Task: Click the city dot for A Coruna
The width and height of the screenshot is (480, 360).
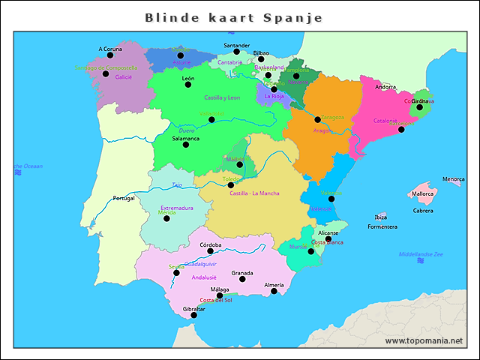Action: pyautogui.click(x=110, y=55)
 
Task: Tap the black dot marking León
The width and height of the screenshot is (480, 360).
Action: pyautogui.click(x=188, y=84)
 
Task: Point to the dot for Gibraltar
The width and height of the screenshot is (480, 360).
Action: pyautogui.click(x=194, y=315)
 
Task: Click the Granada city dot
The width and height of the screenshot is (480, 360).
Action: pyautogui.click(x=241, y=279)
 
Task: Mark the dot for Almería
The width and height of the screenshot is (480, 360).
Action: pyautogui.click(x=274, y=291)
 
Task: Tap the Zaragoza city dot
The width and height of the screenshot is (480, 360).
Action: pyautogui.click(x=317, y=119)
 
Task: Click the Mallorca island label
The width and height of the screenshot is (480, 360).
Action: pyautogui.click(x=423, y=193)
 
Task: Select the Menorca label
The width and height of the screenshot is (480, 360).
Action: pyautogui.click(x=453, y=179)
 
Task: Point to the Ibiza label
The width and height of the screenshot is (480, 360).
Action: pyautogui.click(x=381, y=217)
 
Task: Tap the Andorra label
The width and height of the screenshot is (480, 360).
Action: pyautogui.click(x=385, y=87)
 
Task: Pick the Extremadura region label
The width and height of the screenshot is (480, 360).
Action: pyautogui.click(x=177, y=208)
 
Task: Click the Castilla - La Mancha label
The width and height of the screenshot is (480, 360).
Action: pyautogui.click(x=254, y=193)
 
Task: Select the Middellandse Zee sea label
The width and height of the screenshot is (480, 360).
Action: pyautogui.click(x=421, y=254)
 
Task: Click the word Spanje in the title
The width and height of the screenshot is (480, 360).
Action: pyautogui.click(x=292, y=17)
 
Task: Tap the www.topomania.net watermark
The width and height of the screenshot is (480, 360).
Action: pyautogui.click(x=424, y=340)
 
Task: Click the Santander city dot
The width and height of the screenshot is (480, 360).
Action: pyautogui.click(x=236, y=52)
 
